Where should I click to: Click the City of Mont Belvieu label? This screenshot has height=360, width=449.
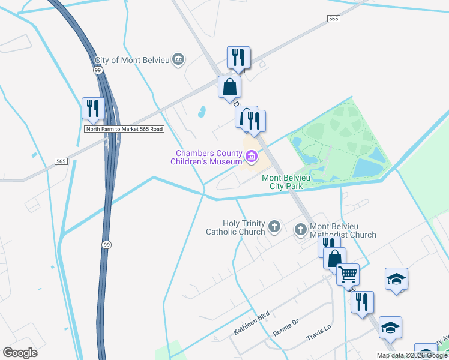pyautogui.click(x=132, y=60)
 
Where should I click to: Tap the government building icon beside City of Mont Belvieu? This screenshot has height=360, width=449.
pyautogui.click(x=178, y=59)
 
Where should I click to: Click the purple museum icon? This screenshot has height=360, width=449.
pyautogui.click(x=252, y=158)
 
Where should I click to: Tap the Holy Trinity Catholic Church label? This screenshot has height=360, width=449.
pyautogui.click(x=235, y=227)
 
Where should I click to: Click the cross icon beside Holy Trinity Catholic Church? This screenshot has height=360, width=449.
pyautogui.click(x=274, y=227)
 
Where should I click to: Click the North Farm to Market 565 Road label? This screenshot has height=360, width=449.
pyautogui.click(x=124, y=129)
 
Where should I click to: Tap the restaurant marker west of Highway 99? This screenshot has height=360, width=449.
pyautogui.click(x=93, y=108)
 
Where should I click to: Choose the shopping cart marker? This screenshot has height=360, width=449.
pyautogui.click(x=348, y=274)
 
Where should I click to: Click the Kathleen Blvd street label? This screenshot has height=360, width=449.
pyautogui.click(x=252, y=324)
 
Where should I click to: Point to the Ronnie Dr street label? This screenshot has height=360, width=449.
pyautogui.click(x=286, y=328)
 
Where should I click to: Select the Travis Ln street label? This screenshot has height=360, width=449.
pyautogui.click(x=319, y=330)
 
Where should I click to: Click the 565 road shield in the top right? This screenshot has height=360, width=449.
pyautogui.click(x=334, y=19)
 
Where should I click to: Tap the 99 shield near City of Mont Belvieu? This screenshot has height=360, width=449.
pyautogui.click(x=98, y=71)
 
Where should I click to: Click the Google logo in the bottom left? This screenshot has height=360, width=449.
pyautogui.click(x=20, y=353)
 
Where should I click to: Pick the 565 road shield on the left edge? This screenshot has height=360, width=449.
pyautogui.click(x=61, y=161)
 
